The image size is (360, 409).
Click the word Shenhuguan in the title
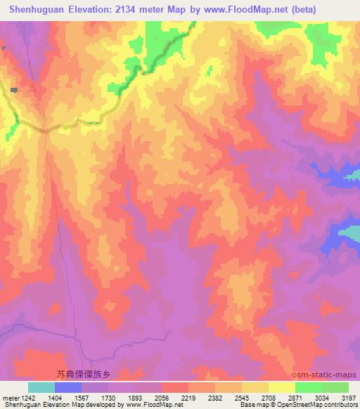34,10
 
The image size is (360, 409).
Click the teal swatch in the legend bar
41,387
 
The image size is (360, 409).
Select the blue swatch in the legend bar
68,387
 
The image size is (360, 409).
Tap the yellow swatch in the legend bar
282,387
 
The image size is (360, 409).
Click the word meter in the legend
9,398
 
